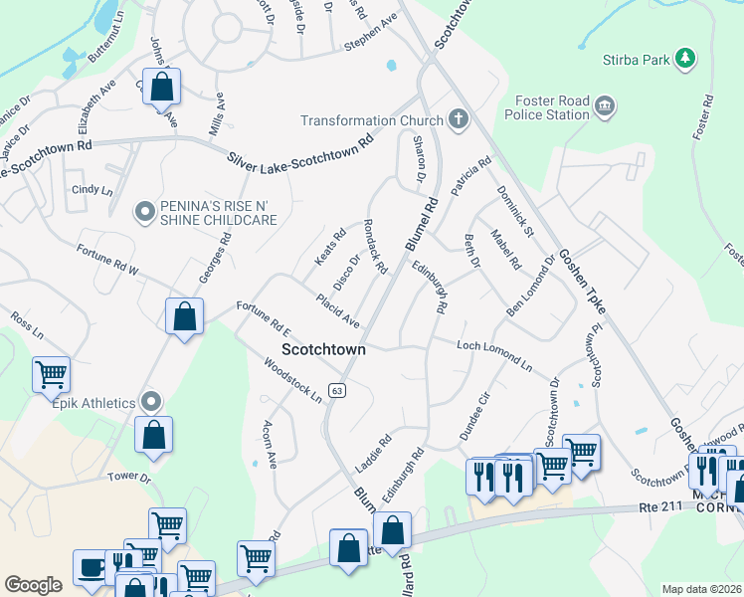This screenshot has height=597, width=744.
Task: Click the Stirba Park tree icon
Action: pyautogui.click(x=683, y=59)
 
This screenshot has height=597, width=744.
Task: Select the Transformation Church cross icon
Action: pyautogui.click(x=458, y=120)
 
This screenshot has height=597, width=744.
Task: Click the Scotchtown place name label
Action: pyautogui.click(x=323, y=349)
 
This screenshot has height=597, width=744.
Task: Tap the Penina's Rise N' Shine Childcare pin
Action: pyautogui.click(x=145, y=210)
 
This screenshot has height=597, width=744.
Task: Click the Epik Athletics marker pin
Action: pyautogui.click(x=151, y=402)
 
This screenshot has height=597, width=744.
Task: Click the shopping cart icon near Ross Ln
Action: pyautogui.click(x=51, y=375)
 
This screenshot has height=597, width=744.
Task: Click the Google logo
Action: pyautogui.click(x=33, y=585)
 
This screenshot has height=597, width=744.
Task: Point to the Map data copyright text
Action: pyautogui.click(x=701, y=589)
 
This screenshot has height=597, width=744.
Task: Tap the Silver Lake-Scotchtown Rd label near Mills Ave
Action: pyautogui.click(x=299, y=148)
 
